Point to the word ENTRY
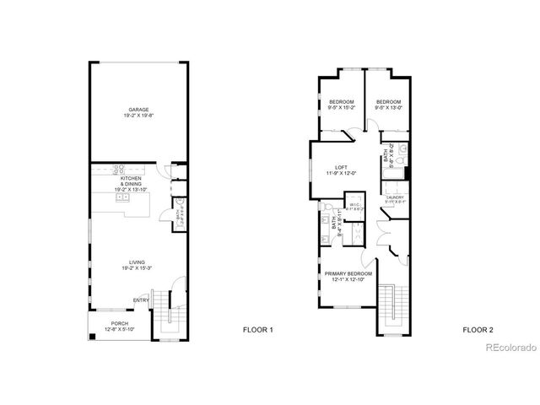140,300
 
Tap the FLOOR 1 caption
257,329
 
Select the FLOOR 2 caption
478,329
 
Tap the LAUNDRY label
397,199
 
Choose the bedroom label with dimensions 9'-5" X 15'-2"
341,105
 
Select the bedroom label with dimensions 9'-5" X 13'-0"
388,105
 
